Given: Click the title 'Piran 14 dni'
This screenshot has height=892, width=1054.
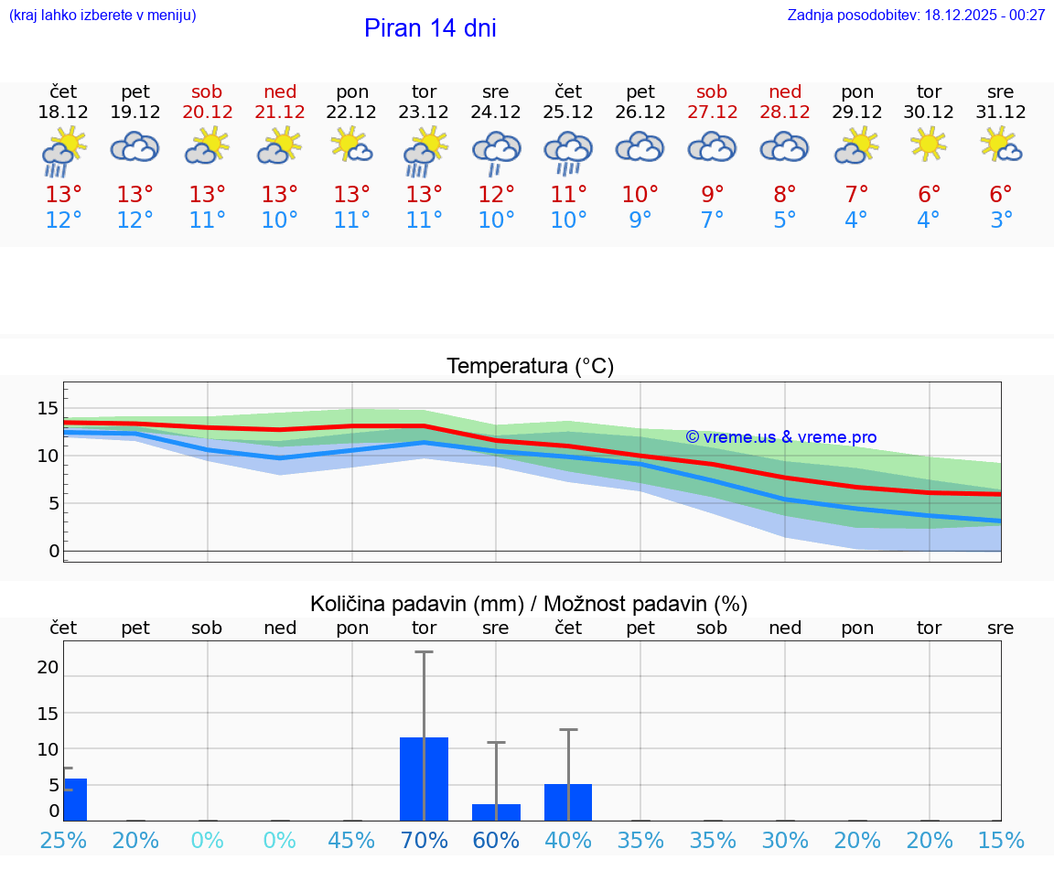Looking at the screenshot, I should [x=430, y=28].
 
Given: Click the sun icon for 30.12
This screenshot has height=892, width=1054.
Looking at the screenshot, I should [x=929, y=145].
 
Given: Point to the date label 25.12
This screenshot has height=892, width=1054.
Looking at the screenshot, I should [x=568, y=113].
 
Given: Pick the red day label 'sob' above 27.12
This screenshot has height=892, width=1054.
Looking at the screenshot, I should [x=712, y=91].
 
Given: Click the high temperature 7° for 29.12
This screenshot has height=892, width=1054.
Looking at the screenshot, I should [x=856, y=195].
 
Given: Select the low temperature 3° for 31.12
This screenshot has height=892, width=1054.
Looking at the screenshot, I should [x=1001, y=220].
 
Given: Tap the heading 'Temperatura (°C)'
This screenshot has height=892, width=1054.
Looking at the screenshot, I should [x=530, y=367].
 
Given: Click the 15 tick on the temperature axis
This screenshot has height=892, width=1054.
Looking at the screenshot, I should [x=48, y=408].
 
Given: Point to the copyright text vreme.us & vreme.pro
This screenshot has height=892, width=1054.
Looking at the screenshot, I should [x=780, y=437].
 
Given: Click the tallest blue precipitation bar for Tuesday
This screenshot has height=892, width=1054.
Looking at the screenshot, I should [x=424, y=779].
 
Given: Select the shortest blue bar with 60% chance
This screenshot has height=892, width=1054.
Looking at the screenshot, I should [x=496, y=812].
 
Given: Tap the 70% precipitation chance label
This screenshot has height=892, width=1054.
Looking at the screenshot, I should [x=424, y=841].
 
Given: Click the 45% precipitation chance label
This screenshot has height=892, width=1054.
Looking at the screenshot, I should [x=351, y=841].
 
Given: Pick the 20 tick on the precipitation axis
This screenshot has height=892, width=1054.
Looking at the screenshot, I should [x=48, y=668].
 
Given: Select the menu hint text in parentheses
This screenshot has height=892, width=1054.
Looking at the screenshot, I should [x=102, y=16].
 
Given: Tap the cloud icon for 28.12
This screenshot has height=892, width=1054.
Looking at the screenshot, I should [x=784, y=146].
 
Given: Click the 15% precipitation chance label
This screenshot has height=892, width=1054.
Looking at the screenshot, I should [x=1001, y=841].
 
